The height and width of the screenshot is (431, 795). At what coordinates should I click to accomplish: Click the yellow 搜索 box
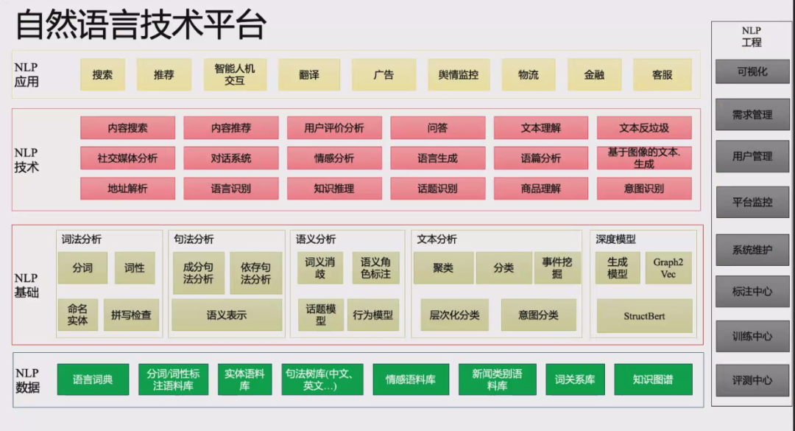click(x=102, y=75)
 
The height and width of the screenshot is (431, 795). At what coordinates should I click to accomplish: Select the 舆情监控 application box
click(x=458, y=75)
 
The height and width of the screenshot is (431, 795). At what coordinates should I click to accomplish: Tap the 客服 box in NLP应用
click(x=662, y=75)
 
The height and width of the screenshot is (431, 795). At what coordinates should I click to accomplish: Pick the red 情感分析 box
click(x=334, y=158)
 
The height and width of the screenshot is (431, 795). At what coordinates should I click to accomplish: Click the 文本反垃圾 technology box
click(x=644, y=128)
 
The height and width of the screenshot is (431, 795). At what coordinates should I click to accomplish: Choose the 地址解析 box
click(x=127, y=189)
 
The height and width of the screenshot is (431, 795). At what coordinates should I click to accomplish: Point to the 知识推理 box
click(x=334, y=189)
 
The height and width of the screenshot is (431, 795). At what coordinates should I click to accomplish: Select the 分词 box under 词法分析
click(x=82, y=268)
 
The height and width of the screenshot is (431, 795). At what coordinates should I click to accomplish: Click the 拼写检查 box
click(x=131, y=315)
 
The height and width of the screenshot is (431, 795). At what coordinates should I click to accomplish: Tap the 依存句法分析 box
click(x=255, y=273)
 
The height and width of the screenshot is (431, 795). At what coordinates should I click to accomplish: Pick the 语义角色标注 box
click(x=375, y=268)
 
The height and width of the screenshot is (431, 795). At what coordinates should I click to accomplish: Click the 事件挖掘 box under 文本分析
click(x=562, y=268)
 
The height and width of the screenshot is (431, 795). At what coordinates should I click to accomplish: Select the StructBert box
click(x=644, y=316)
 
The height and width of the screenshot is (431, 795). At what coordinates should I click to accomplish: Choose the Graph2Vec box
click(x=668, y=268)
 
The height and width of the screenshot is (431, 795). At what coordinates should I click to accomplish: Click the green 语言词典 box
click(x=93, y=380)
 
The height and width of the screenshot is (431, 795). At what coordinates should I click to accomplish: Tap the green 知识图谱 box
click(x=652, y=380)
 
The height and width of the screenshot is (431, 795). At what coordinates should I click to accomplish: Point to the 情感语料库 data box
click(x=410, y=380)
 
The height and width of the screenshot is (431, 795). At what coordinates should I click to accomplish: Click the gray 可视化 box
click(x=752, y=72)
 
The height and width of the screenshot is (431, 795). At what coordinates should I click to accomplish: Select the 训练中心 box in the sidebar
click(x=752, y=337)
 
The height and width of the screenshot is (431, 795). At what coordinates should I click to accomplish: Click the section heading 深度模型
click(x=615, y=239)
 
